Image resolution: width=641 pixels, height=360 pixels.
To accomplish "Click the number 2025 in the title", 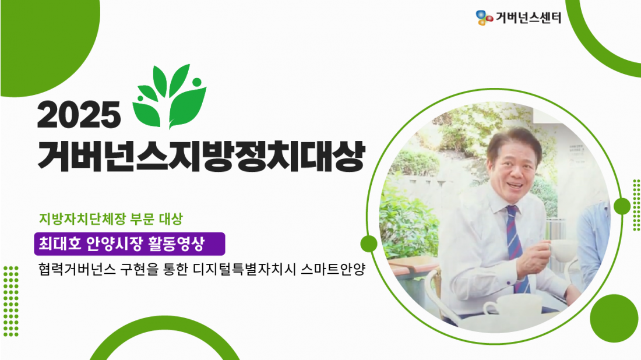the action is (79, 115).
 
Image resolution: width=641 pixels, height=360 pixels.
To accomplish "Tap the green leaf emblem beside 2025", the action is (169, 96).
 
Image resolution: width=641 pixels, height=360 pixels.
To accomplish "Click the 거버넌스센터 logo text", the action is (528, 17).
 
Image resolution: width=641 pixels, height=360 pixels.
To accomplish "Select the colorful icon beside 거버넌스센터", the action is (484, 17).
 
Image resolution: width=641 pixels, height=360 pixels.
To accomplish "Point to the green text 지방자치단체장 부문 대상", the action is (111, 219).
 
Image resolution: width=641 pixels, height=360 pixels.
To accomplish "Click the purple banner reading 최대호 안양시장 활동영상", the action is (129, 244).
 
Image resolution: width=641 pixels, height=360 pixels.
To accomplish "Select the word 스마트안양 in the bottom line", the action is (332, 270).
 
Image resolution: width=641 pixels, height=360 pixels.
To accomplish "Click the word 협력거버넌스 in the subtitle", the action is (77, 270).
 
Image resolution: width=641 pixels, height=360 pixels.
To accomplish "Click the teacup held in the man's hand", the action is (563, 250).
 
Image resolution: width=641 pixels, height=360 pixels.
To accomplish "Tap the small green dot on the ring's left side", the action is (369, 243).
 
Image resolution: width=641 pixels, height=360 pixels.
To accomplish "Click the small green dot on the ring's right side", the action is (622, 206).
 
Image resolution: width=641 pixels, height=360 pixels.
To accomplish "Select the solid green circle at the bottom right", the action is (614, 318).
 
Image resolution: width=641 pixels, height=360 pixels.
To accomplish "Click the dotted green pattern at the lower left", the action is (10, 301).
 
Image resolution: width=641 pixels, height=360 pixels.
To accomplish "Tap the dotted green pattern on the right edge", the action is (636, 204).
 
